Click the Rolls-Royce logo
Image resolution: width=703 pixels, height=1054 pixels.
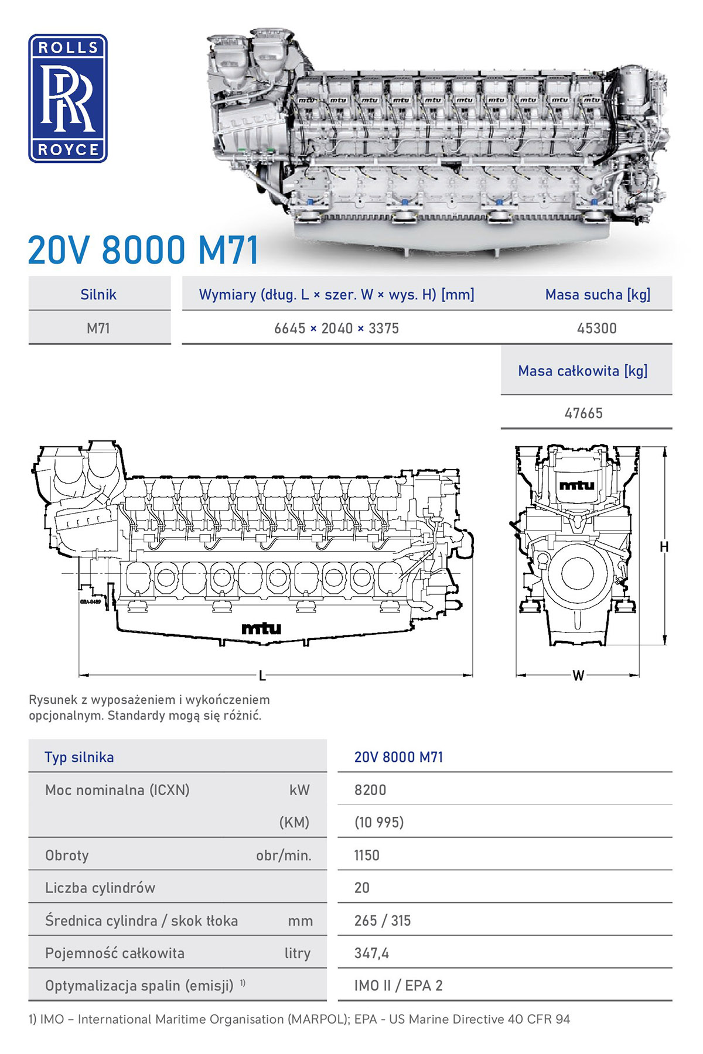click(x=68, y=98)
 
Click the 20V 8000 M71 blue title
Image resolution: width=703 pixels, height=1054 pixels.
click(x=143, y=250)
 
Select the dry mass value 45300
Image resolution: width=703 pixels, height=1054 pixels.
click(x=596, y=328)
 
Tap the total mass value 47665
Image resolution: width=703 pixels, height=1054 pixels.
click(x=583, y=413)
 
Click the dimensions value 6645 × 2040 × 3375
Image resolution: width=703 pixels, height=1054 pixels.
click(x=336, y=328)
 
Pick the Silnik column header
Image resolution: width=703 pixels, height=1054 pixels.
click(x=98, y=295)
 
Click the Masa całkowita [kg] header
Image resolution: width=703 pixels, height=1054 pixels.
click(x=582, y=371)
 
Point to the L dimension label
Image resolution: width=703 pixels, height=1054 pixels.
click(x=262, y=676)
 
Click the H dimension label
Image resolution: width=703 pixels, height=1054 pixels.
click(x=664, y=547)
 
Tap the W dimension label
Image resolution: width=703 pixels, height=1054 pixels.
click(x=578, y=676)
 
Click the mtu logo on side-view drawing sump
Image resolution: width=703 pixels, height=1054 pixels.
click(x=261, y=629)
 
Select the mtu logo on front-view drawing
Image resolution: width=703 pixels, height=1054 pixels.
click(x=576, y=485)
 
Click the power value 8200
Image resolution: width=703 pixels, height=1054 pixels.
click(x=370, y=790)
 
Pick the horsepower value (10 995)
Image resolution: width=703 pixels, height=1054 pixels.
click(x=379, y=823)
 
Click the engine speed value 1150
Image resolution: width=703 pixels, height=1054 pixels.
click(x=367, y=855)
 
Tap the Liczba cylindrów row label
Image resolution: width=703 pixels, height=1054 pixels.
click(x=100, y=888)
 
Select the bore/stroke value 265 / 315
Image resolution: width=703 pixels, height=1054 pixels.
click(x=382, y=920)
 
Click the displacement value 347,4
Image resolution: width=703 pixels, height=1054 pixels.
click(x=371, y=953)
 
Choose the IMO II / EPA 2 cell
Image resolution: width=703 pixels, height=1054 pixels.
click(x=398, y=985)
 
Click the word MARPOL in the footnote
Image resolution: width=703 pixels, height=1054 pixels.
click(x=317, y=1019)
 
